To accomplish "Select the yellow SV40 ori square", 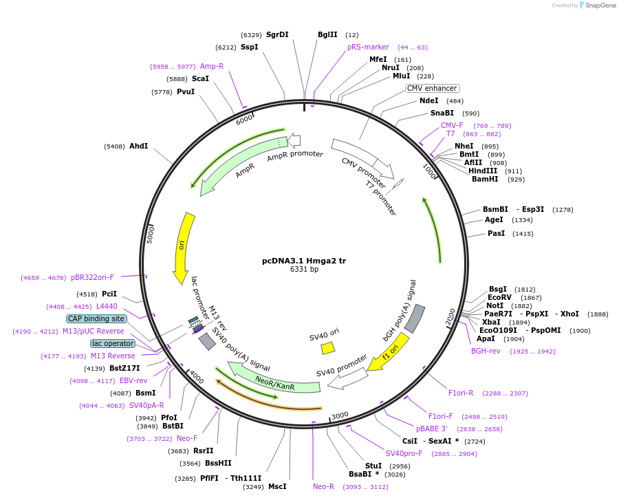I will pos(328,348).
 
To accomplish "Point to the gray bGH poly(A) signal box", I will pos(415,318).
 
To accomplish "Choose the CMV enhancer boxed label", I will pos(432,88).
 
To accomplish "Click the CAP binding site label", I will pos(96,318).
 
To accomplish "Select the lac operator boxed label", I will pos(112,343).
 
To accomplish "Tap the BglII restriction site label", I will pos(327,34).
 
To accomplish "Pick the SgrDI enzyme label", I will pos(277,34).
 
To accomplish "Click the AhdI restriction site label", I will pos(138,146).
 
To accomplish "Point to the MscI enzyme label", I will pos(277,486).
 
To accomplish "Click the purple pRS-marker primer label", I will pos(368,47).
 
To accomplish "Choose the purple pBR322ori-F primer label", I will pos(92,278).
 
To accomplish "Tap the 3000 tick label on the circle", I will pos(340,416).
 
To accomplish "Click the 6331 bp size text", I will pos(304,270).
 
